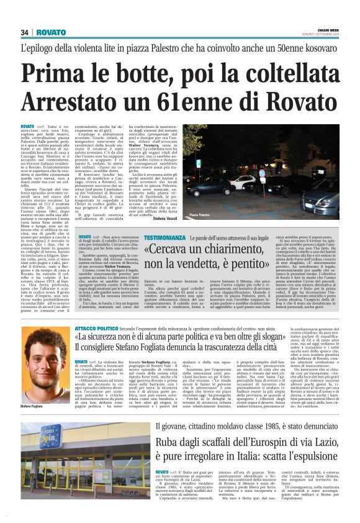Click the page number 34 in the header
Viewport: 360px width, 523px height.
click(x=25, y=32)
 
